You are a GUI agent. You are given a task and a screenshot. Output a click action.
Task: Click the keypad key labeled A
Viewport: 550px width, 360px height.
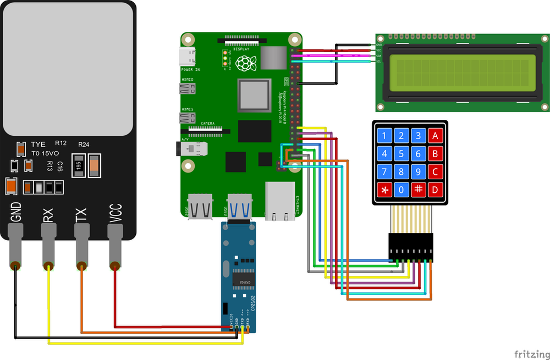click(436, 136)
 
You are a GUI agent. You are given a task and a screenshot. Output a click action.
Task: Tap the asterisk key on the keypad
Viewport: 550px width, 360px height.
click(384, 190)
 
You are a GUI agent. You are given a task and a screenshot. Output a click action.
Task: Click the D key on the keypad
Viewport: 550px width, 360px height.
click(436, 190)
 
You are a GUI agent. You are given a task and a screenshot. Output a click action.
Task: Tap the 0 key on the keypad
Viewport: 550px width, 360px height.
click(402, 190)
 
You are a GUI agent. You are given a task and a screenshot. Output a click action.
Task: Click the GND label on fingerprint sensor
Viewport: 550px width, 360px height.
click(16, 212)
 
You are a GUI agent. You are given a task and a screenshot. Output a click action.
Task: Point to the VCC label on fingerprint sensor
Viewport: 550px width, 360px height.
click(115, 214)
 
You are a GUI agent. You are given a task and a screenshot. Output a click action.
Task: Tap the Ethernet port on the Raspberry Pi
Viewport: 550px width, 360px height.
click(280, 201)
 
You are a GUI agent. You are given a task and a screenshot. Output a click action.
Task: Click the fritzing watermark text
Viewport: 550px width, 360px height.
click(530, 353)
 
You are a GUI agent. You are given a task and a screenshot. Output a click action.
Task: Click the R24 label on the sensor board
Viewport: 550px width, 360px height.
click(84, 145)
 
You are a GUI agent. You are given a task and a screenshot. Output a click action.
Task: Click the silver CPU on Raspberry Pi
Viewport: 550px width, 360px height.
click(254, 95)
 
